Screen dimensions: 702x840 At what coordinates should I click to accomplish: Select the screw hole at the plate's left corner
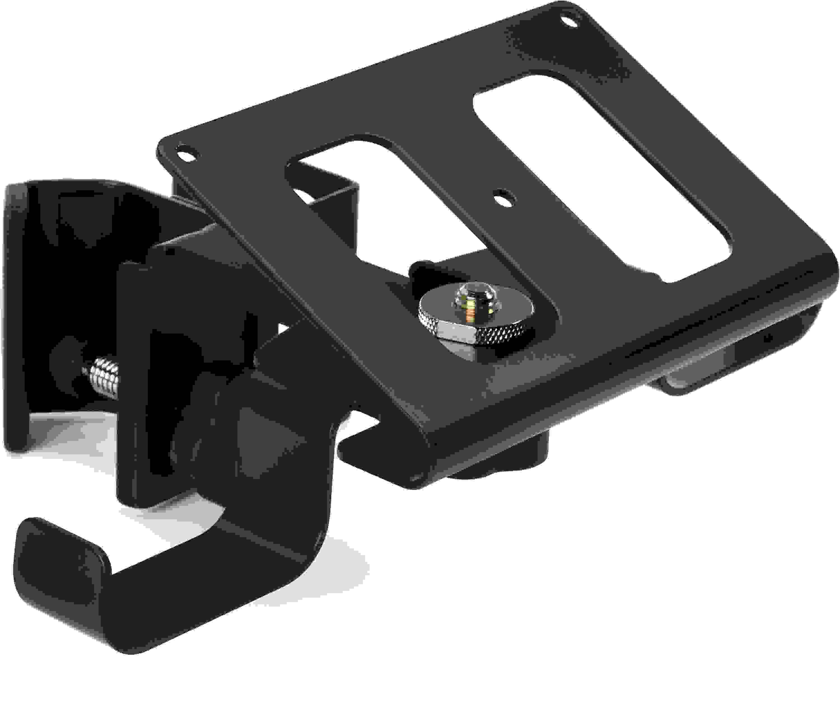click(x=185, y=154)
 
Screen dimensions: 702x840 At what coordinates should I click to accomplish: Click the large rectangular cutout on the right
click(x=600, y=176)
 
